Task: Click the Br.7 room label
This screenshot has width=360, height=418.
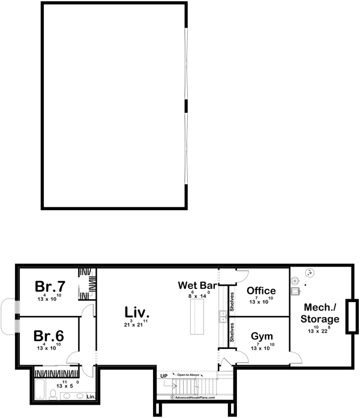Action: tap(50, 285)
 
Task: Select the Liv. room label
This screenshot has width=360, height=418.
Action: tap(137, 312)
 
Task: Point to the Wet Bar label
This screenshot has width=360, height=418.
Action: tap(197, 285)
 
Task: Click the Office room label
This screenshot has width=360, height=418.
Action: tap(262, 291)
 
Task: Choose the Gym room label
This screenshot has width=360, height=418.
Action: tap(262, 336)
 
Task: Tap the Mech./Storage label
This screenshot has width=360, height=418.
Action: tap(319, 312)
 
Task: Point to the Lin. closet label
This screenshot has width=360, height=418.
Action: tap(91, 397)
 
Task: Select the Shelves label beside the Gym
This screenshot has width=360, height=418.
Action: tap(232, 332)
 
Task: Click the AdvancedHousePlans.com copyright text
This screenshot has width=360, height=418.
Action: tap(195, 397)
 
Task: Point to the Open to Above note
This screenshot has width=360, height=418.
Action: tap(187, 375)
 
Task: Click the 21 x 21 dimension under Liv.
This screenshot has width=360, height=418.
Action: tap(137, 325)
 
